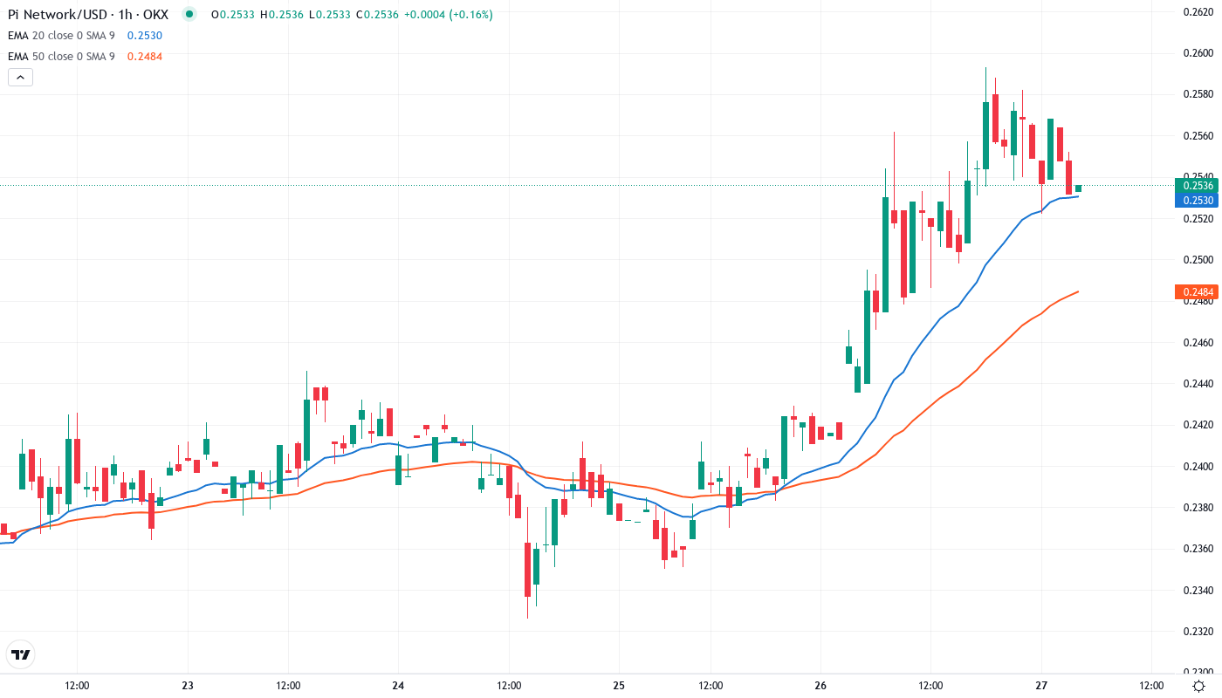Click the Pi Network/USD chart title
[87, 14]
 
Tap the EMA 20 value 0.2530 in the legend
[144, 35]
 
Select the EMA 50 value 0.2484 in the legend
[144, 56]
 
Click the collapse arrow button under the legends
[21, 77]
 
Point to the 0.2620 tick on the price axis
[1195, 11]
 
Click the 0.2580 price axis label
[1195, 94]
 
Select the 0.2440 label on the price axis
[1195, 384]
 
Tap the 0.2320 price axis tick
[1195, 632]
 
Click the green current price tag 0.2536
[1195, 185]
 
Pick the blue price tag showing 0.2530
[1195, 200]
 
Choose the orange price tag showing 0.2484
[1195, 291]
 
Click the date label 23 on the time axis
[188, 686]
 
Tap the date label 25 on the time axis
[619, 686]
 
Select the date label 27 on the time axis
[1041, 686]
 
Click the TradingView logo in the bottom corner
[21, 654]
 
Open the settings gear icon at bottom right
[1199, 686]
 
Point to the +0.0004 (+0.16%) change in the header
[449, 14]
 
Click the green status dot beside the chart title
[190, 14]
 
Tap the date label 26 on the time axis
[820, 686]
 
